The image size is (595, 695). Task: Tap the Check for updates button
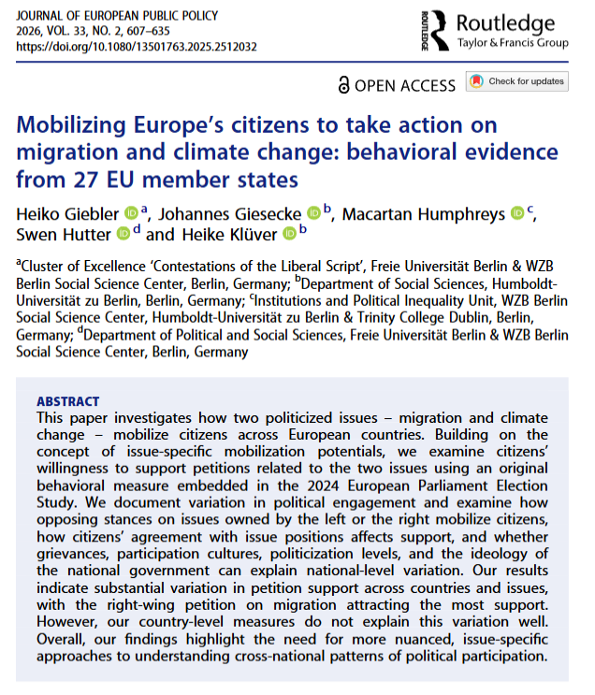517,81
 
